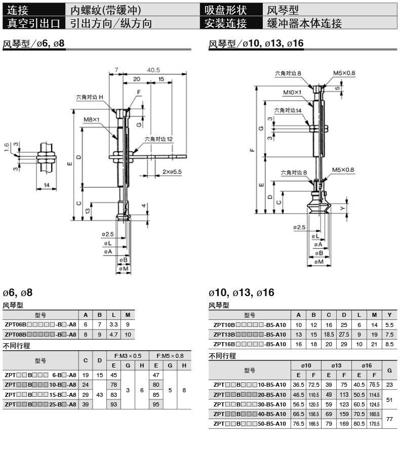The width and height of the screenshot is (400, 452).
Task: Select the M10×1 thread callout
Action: pos(292,92)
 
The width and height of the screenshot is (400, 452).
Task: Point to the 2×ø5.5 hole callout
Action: pos(172,172)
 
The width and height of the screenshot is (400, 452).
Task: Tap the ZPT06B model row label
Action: pos(40,324)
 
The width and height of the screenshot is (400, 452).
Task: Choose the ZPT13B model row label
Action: pos(250,334)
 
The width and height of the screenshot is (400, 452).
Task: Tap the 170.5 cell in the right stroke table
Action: pos(375,423)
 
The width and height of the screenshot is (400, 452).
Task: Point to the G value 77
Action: pos(389,419)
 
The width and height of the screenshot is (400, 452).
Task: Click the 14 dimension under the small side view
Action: pos(47,185)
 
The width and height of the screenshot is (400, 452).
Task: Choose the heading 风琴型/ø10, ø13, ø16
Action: pos(256,44)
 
